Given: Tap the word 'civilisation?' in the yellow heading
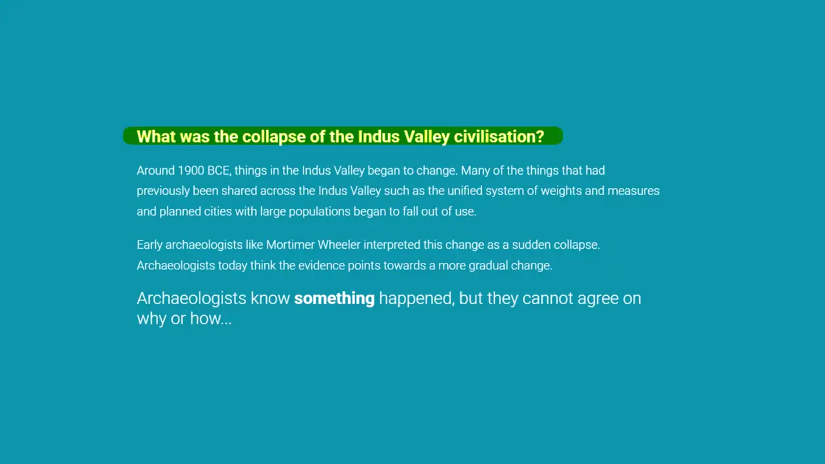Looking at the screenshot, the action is point(499,137).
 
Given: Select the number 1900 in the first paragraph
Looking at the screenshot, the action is point(191,171).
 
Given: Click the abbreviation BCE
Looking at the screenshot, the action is point(218,171).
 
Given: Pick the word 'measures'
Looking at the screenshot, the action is point(634,191).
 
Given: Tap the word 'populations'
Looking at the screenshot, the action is point(319,211).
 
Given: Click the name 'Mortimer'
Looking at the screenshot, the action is point(290,245).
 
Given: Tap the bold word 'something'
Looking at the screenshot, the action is point(335,298).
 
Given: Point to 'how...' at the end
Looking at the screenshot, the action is point(211,318).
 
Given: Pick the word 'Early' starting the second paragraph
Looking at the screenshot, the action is point(150,245).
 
